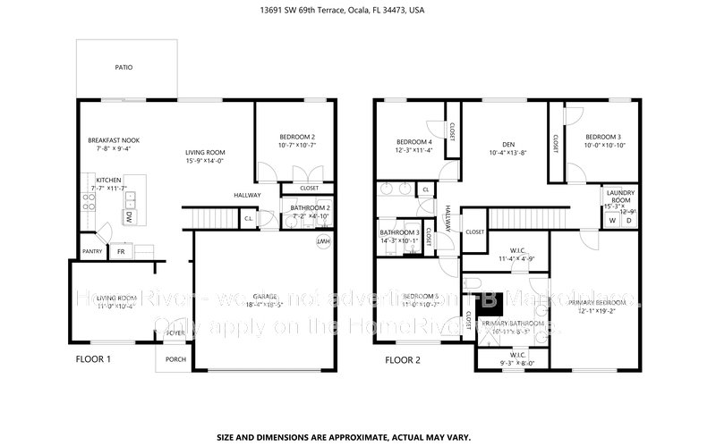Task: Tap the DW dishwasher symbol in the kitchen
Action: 129,216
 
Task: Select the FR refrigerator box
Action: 121,252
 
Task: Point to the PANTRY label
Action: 92,252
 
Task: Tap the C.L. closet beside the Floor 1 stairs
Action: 248,219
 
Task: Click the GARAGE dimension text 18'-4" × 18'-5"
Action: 263,305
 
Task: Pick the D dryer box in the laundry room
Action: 628,220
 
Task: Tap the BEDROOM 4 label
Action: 414,142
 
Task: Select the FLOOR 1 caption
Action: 92,360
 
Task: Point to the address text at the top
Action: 357,12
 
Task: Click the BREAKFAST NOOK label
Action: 113,140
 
